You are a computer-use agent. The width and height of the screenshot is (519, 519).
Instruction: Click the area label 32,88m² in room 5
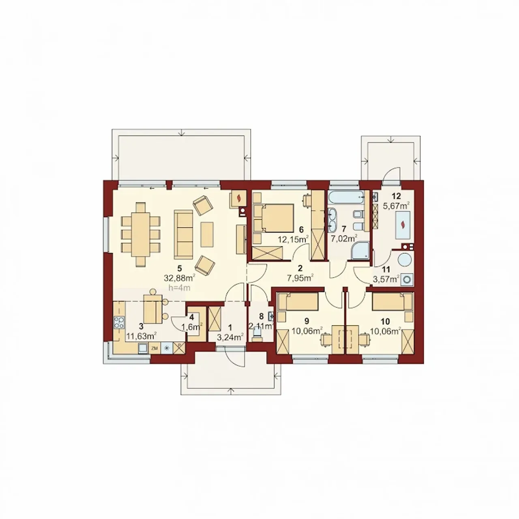pyautogui.click(x=179, y=277)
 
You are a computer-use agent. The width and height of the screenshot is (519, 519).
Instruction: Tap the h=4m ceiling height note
pyautogui.click(x=179, y=287)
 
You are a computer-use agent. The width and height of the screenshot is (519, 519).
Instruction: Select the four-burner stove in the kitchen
pyautogui.click(x=120, y=322)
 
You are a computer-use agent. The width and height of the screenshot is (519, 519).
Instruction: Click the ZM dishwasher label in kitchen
pyautogui.click(x=154, y=349)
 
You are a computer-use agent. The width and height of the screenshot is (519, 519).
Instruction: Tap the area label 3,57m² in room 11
pyautogui.click(x=386, y=279)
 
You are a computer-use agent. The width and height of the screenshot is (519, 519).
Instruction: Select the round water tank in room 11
pyautogui.click(x=405, y=260)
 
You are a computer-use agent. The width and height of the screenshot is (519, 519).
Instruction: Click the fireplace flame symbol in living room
pyautogui.click(x=238, y=199)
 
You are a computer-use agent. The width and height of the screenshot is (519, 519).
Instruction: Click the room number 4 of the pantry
pyautogui.click(x=191, y=317)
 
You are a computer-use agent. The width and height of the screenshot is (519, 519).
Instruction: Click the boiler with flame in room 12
pyautogui.click(x=403, y=225)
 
